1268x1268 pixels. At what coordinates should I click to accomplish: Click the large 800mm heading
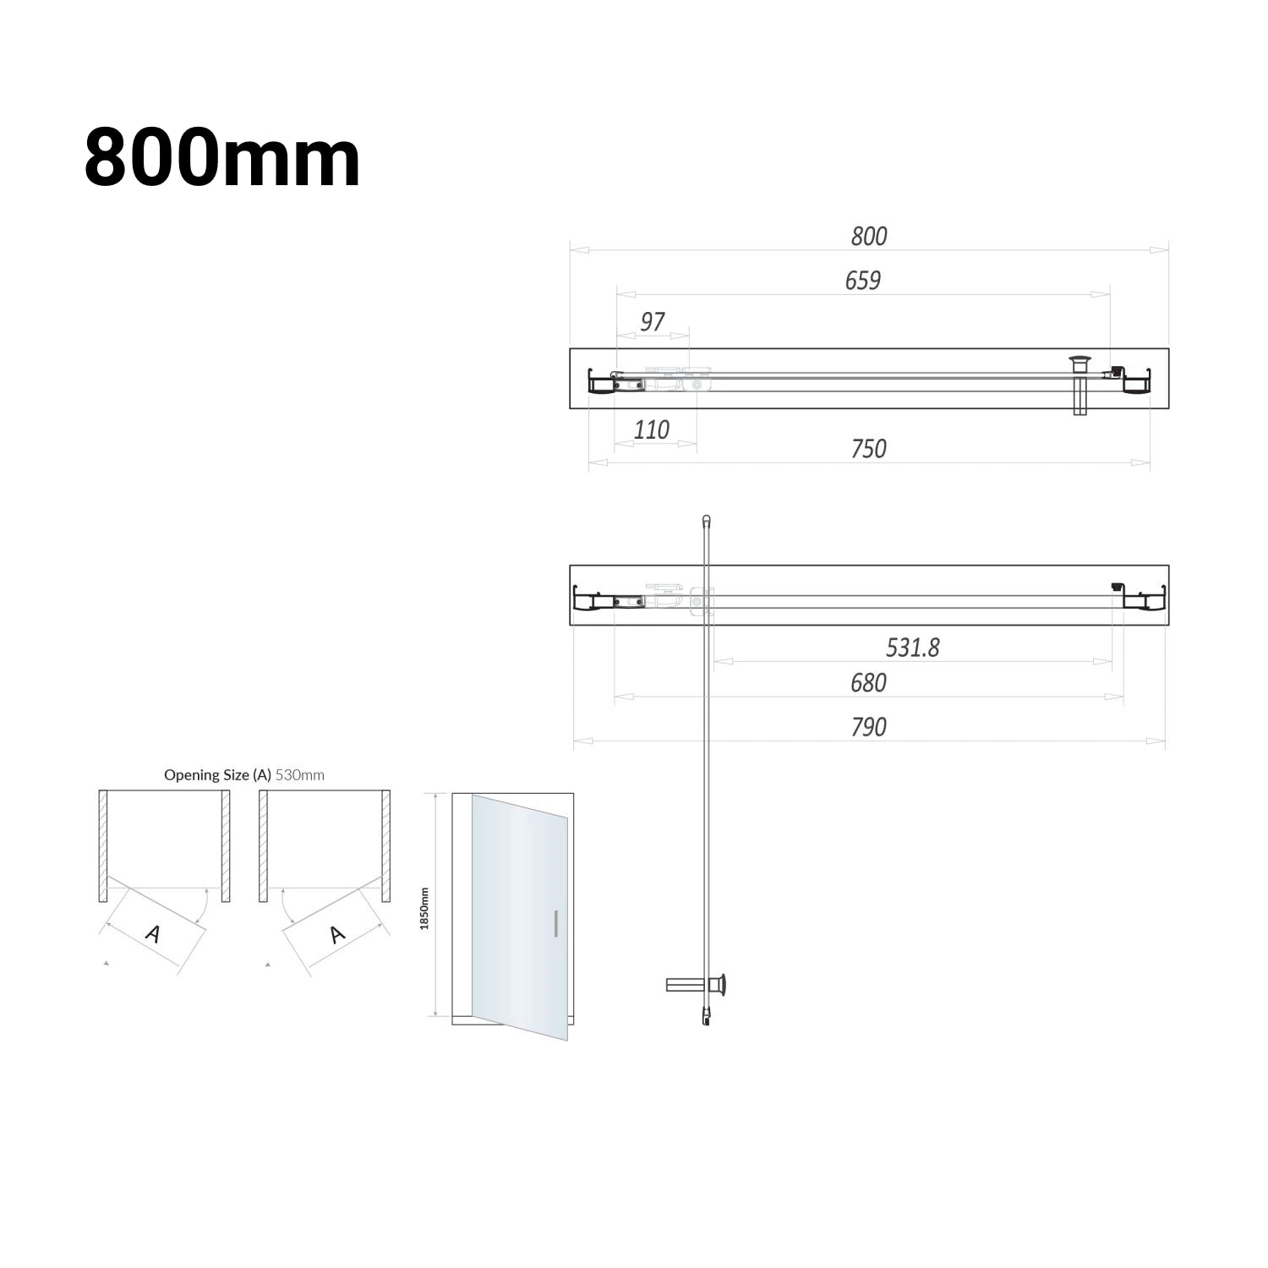pyautogui.click(x=222, y=158)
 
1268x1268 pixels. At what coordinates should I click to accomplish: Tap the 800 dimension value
pyautogui.click(x=869, y=236)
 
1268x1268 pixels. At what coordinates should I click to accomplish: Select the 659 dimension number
pyautogui.click(x=863, y=280)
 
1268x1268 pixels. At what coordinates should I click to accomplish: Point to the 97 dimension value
pyautogui.click(x=653, y=321)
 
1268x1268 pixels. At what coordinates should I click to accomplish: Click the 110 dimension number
pyautogui.click(x=652, y=429)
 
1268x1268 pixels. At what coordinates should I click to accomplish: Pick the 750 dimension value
pyautogui.click(x=869, y=448)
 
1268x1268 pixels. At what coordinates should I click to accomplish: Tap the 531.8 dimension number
pyautogui.click(x=913, y=648)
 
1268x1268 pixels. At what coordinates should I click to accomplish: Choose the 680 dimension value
pyautogui.click(x=869, y=682)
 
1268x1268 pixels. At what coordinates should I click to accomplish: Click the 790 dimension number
pyautogui.click(x=869, y=727)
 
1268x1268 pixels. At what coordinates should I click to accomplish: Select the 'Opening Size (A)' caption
pyautogui.click(x=217, y=774)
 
